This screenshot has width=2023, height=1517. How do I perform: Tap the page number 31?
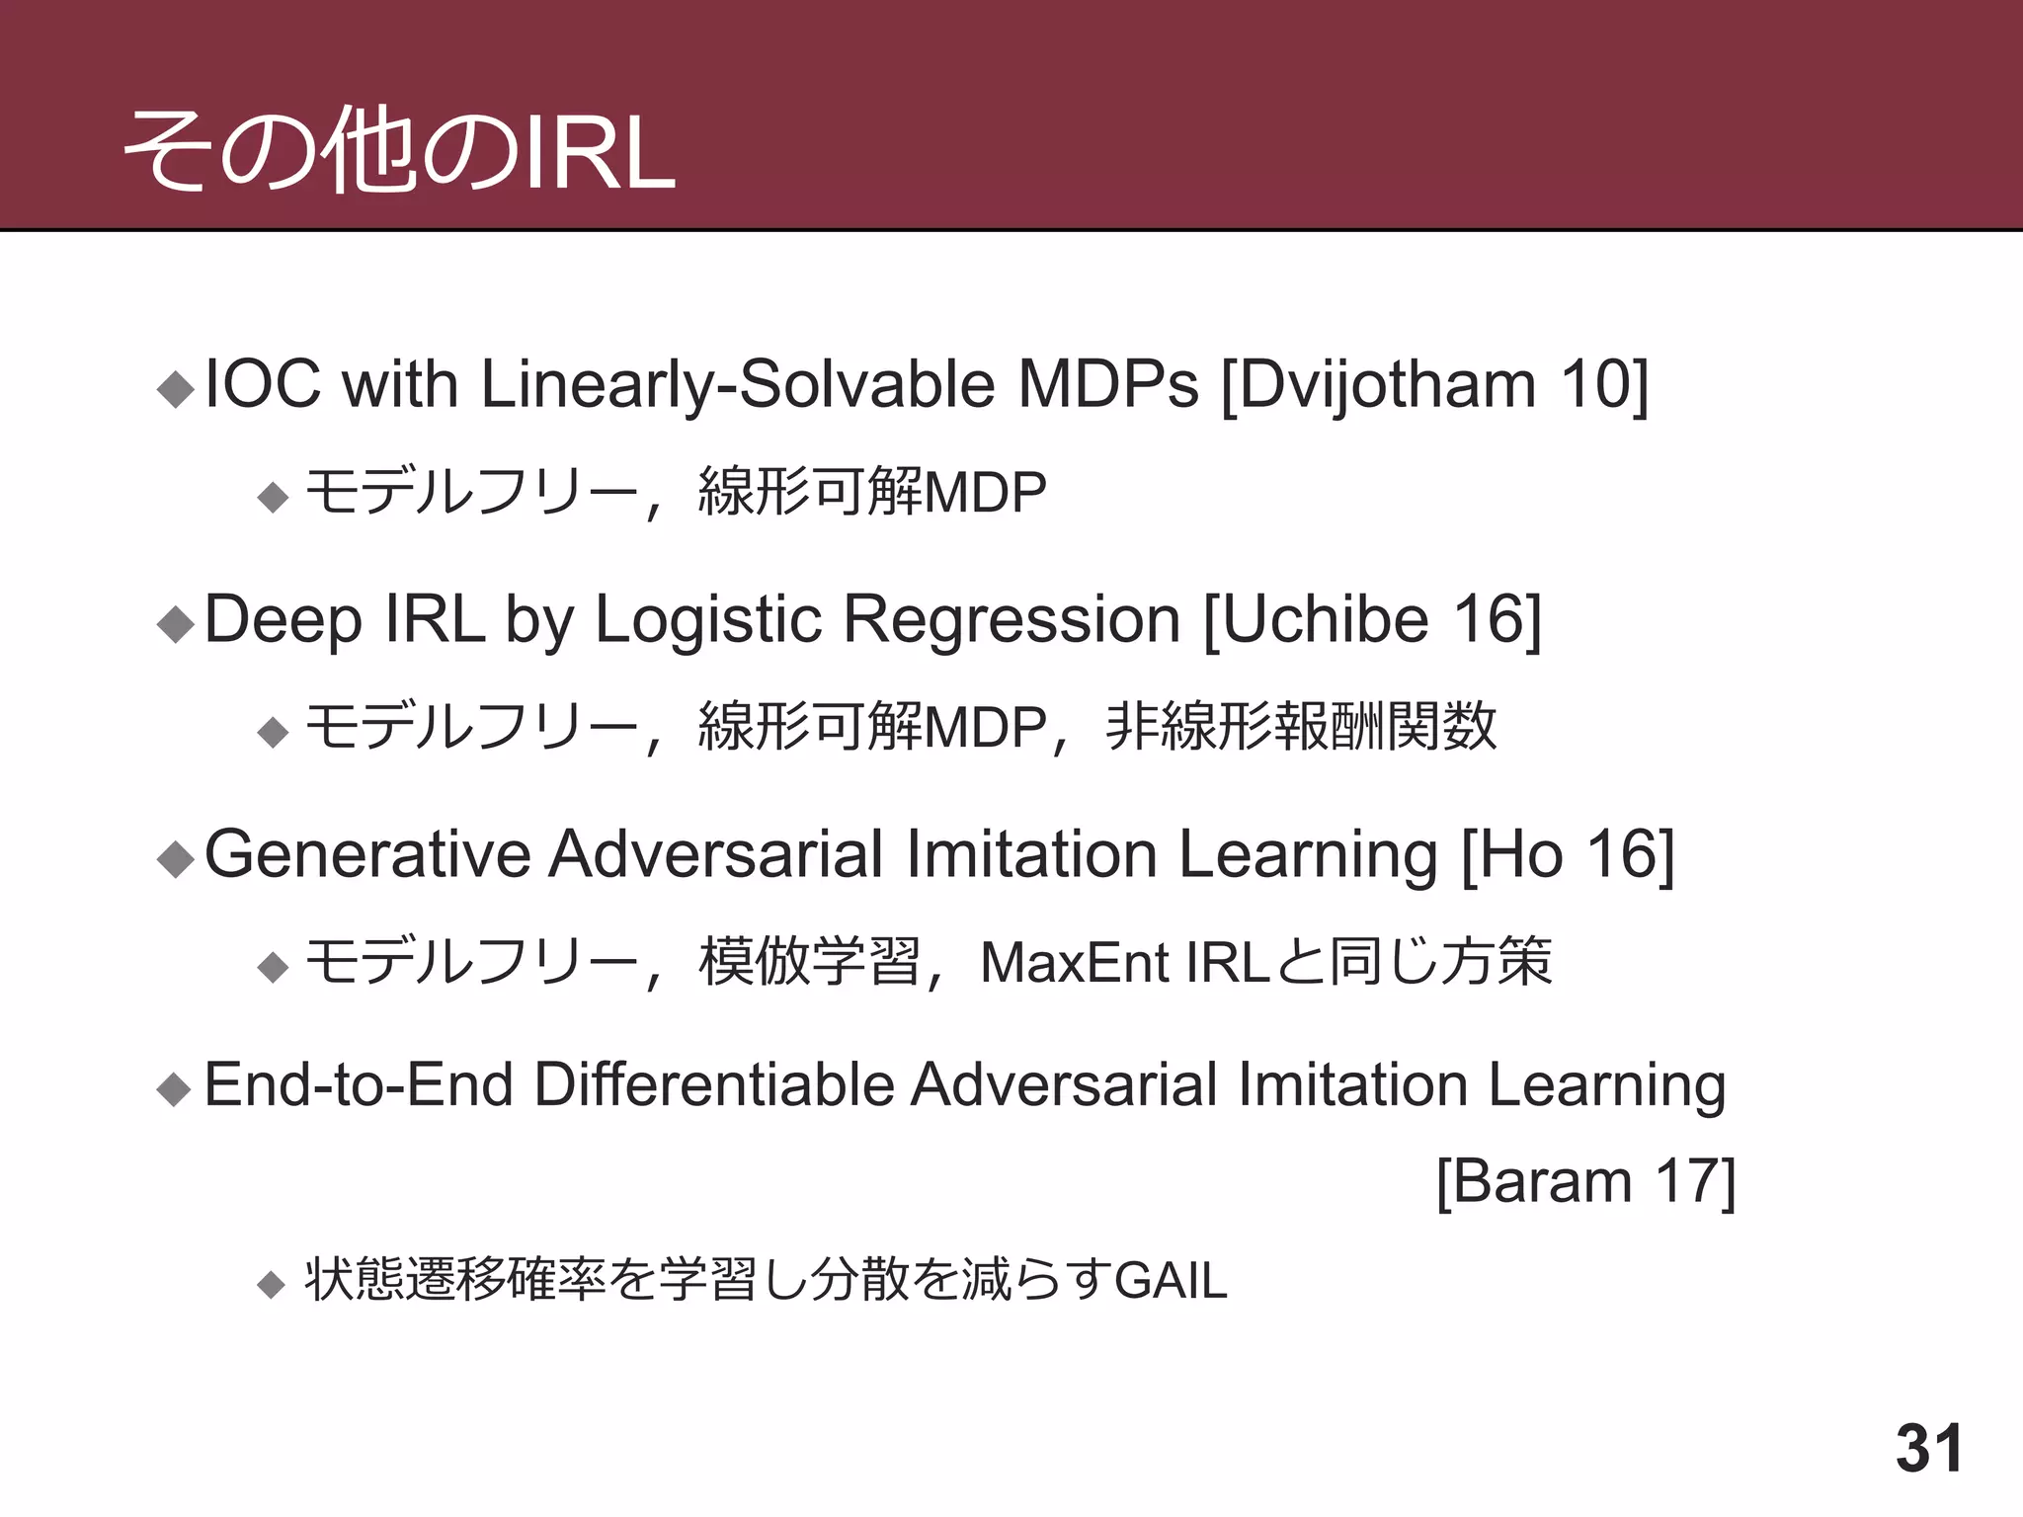[x=1929, y=1449]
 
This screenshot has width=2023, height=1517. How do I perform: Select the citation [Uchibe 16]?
[x=1372, y=619]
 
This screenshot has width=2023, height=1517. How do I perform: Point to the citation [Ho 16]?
[x=1568, y=853]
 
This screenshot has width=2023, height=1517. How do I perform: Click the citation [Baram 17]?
[x=1585, y=1181]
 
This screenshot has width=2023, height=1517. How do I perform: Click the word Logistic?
[x=708, y=619]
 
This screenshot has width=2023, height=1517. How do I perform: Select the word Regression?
[x=1012, y=619]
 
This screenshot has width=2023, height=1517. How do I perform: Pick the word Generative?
[x=367, y=853]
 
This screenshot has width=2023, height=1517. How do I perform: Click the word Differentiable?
[x=712, y=1084]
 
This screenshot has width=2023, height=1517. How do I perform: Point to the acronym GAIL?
[x=1171, y=1281]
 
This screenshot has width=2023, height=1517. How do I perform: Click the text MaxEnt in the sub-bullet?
[x=1076, y=962]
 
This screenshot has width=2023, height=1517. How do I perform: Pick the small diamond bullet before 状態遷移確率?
[x=271, y=1285]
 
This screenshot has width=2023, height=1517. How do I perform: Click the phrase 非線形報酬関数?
[x=1300, y=727]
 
